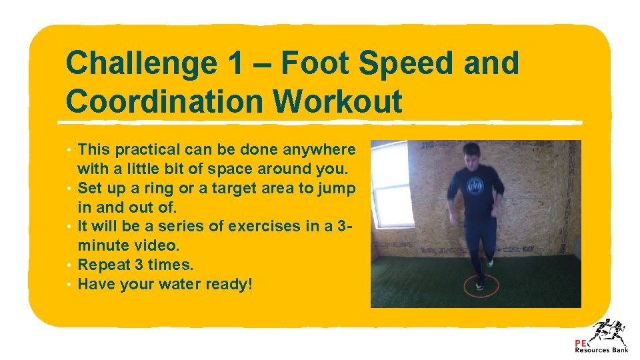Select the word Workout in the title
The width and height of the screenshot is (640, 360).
coord(337,102)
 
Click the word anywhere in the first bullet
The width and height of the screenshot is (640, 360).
coord(323,149)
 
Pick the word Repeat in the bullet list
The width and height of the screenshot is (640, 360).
coord(102,265)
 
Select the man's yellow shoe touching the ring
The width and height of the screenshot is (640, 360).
coord(489,264)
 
